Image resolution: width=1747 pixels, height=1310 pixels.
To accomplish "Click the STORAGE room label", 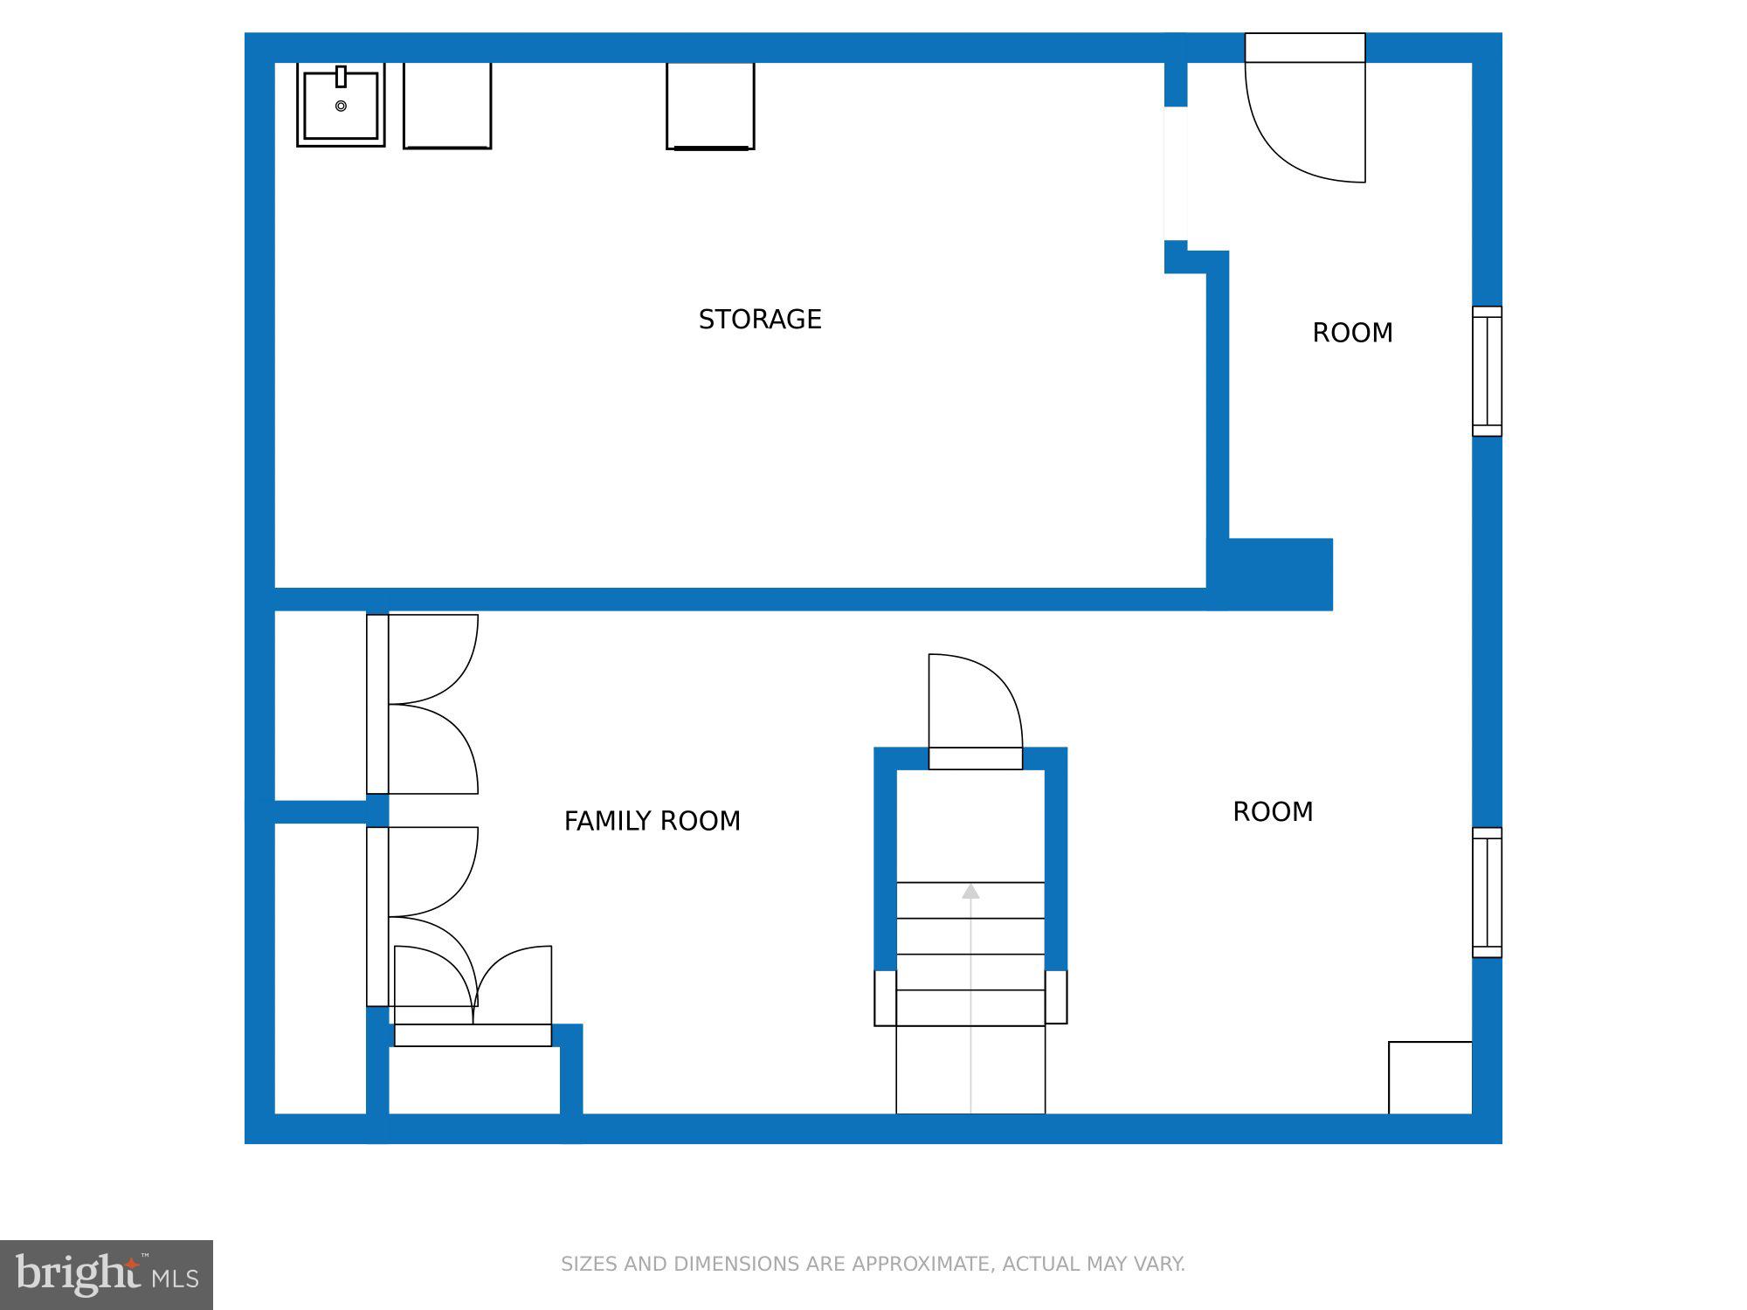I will (760, 320).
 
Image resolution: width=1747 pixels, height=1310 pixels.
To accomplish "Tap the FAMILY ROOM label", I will (652, 821).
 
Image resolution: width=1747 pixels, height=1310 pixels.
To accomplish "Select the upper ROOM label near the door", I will (1352, 333).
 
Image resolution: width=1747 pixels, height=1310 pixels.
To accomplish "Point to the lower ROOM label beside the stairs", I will (1273, 812).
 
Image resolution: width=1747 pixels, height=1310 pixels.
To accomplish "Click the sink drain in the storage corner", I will (341, 106).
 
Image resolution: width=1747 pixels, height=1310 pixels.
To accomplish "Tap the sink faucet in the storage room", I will (341, 77).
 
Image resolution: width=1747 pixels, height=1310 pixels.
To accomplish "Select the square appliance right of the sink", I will (447, 105).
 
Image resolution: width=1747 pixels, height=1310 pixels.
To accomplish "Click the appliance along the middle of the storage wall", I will (710, 105).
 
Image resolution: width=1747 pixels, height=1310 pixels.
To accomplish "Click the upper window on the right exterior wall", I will (1487, 371).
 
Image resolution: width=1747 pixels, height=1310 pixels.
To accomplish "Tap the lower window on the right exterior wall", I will (1487, 893).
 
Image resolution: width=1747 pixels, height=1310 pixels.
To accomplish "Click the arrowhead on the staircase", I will (970, 892).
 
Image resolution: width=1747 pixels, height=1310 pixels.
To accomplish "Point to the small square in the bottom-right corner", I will (1430, 1078).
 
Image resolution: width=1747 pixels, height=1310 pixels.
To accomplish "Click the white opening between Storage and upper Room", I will (1176, 173).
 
